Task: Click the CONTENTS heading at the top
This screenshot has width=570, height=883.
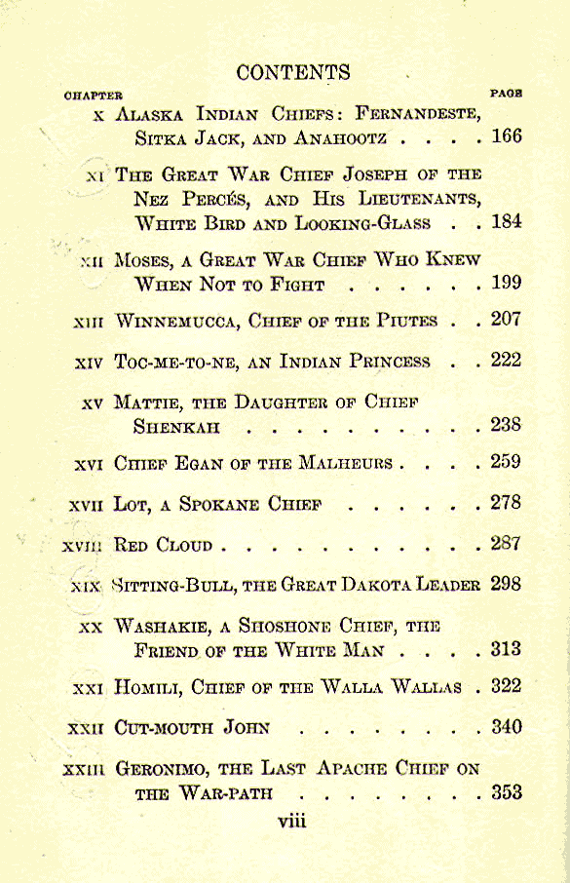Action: click(x=293, y=72)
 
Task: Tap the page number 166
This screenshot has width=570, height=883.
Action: click(x=507, y=135)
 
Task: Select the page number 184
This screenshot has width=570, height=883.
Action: click(x=507, y=221)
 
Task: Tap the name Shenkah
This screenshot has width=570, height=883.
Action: click(x=176, y=427)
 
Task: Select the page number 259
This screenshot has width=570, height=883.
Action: click(x=507, y=461)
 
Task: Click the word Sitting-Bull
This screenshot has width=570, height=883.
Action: click(x=170, y=586)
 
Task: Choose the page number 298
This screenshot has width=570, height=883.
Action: click(x=507, y=585)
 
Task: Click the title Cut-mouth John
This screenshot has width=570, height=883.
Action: click(x=191, y=727)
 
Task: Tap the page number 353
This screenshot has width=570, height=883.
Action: click(x=507, y=792)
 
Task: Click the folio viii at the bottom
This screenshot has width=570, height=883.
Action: click(x=291, y=821)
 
